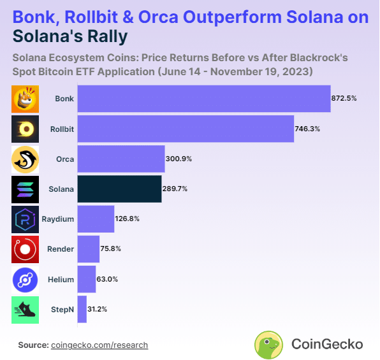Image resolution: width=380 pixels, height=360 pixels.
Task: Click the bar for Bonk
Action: (x=204, y=99)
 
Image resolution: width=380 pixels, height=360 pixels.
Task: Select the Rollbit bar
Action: (x=186, y=129)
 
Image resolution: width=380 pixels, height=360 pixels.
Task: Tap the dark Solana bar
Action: (x=119, y=189)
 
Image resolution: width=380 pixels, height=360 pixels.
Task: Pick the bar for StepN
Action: (x=82, y=309)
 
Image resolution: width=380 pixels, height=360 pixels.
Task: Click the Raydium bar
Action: (x=96, y=219)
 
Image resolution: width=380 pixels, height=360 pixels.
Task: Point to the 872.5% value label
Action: (x=344, y=98)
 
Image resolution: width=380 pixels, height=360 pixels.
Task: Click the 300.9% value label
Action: (x=179, y=159)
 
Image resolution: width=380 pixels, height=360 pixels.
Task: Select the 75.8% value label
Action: (x=110, y=248)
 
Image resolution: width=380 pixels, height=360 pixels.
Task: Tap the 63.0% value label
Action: (x=107, y=279)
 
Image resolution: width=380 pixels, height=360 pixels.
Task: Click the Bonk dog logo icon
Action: (x=26, y=99)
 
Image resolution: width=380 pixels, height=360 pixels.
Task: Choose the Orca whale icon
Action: (x=26, y=159)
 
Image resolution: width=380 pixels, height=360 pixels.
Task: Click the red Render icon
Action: (x=26, y=250)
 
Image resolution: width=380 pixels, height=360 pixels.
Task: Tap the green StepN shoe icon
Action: (x=26, y=310)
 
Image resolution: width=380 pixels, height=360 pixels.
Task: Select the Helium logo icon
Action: (x=26, y=280)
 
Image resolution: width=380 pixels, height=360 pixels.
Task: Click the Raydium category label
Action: (x=57, y=219)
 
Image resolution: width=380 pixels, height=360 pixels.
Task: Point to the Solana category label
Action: (x=61, y=189)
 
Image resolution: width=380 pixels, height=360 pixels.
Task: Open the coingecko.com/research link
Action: (x=99, y=345)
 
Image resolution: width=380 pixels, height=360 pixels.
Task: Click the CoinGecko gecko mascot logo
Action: (x=268, y=345)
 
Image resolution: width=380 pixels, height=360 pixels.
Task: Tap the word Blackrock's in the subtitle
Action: (x=319, y=57)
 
